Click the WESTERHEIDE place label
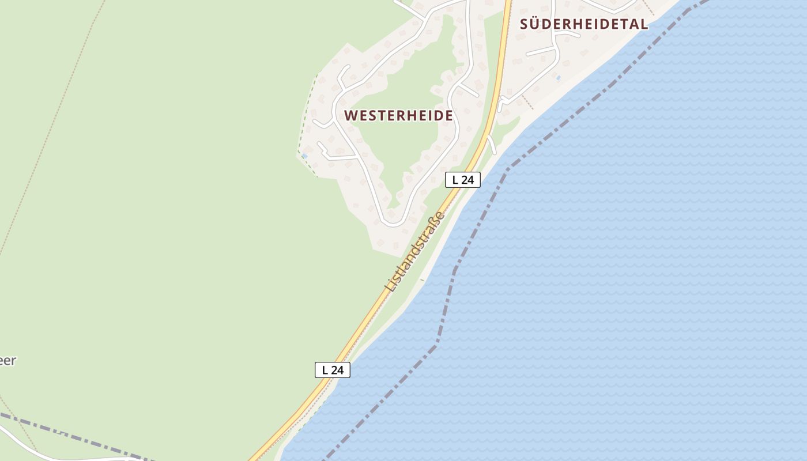(x=398, y=115)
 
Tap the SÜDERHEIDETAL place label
(x=584, y=24)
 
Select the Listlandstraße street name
(x=415, y=252)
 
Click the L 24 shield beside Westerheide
(x=462, y=180)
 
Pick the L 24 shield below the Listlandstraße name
(x=333, y=370)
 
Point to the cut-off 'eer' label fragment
(x=7, y=361)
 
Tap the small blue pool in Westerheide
(x=304, y=156)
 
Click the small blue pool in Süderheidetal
(x=558, y=78)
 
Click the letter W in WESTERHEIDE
(x=350, y=115)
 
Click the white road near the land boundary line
(x=35, y=449)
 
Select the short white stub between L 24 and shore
(x=492, y=144)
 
